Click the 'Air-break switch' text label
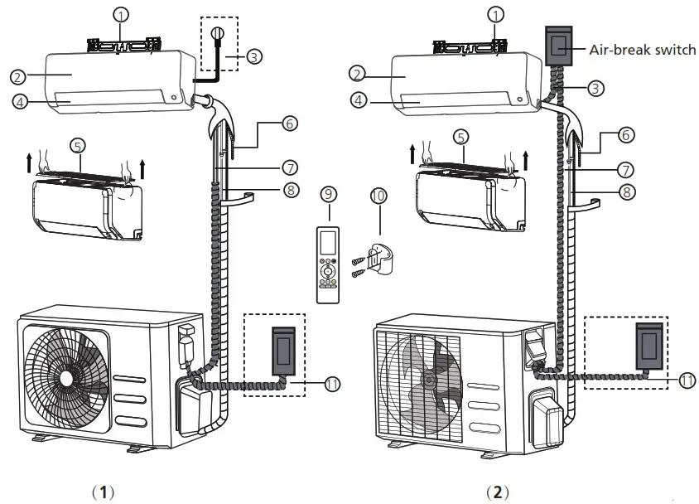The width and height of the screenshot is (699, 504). [643, 50]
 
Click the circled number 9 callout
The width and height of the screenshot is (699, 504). [329, 194]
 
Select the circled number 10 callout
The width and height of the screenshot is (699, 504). [377, 196]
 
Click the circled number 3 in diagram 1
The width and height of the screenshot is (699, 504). [254, 57]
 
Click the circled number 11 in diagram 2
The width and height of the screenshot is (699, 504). [687, 380]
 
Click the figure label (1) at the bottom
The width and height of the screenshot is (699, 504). [104, 492]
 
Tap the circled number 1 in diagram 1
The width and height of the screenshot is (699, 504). [122, 15]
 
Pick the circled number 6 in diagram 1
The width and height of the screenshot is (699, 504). [288, 122]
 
